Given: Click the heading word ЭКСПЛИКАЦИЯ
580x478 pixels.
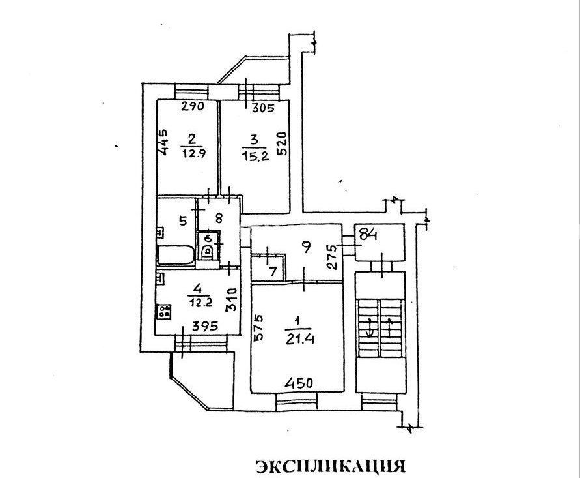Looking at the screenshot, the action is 330,466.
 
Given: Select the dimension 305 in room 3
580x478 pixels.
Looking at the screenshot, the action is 262,108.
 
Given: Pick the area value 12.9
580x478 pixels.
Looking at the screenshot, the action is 193,153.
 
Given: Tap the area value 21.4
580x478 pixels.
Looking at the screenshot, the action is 299,339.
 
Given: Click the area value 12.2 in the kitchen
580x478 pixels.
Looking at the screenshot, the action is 200,303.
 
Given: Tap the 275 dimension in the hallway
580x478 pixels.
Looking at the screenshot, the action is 333,256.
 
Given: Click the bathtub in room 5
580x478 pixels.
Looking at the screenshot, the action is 176,256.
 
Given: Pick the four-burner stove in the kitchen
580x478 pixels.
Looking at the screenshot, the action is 164,311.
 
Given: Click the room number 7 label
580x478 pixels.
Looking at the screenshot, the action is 273,272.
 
